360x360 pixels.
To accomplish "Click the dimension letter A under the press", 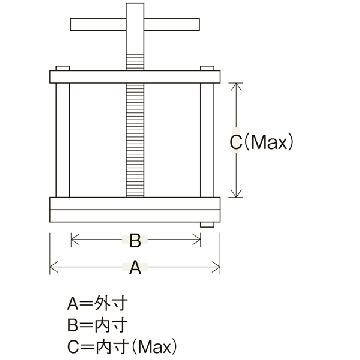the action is pos(135,267).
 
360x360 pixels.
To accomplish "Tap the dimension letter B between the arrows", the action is pos(135,240).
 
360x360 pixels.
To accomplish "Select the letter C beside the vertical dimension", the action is pos(236,143).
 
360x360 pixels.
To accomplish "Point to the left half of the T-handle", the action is pos(98,25).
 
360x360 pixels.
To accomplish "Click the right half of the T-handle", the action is pos(172,25).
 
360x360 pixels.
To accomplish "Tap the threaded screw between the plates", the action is pos(135,140).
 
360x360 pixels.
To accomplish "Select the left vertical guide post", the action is pos(63,140).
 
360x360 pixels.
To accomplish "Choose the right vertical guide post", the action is pos(207,140).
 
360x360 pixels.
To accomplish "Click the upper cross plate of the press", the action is pos(135,77).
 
